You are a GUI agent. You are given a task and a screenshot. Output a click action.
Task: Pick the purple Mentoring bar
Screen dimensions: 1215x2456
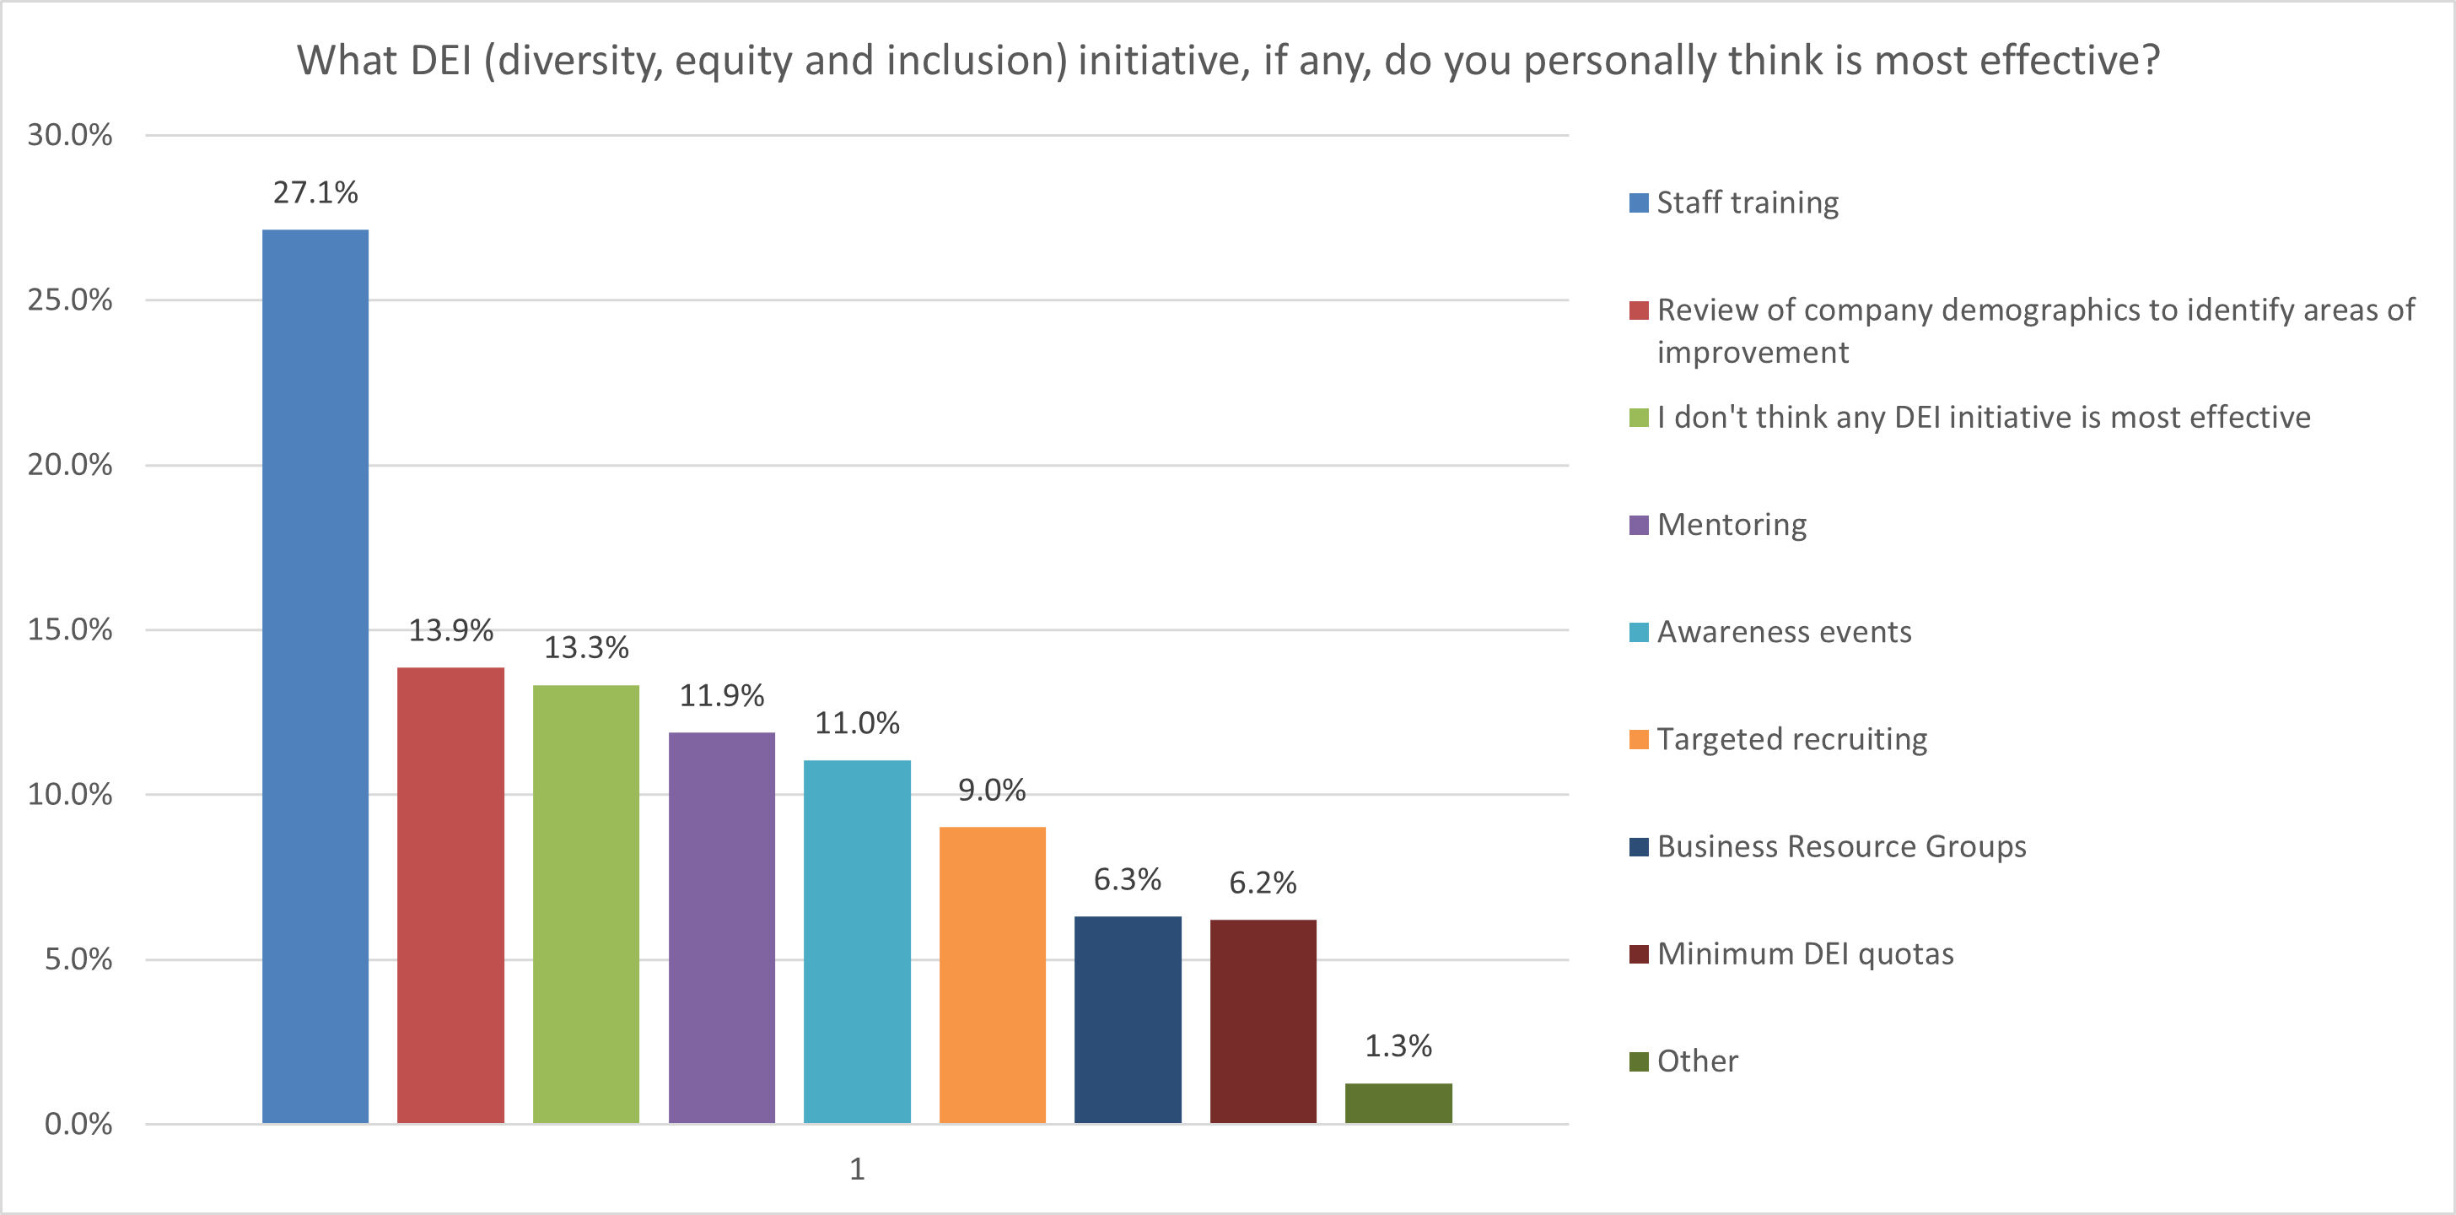click(721, 927)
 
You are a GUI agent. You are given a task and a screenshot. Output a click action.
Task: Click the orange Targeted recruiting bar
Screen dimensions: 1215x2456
click(992, 975)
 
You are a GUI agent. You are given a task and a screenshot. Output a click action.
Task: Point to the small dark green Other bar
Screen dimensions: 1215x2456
click(1398, 1104)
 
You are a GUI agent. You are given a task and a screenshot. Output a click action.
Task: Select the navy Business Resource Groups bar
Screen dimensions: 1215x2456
click(1127, 1019)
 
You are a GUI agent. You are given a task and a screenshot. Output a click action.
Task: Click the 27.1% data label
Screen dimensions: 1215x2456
click(315, 192)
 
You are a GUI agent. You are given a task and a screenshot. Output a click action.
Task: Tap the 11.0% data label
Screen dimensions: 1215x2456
click(856, 723)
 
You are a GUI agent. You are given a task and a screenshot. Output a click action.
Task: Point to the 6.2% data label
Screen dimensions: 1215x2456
click(1263, 883)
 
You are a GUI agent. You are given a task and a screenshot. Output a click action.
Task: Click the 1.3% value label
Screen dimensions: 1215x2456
click(1398, 1046)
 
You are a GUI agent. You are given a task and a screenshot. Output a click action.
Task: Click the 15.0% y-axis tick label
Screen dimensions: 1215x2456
click(70, 629)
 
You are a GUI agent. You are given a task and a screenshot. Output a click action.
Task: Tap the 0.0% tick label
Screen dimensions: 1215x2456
click(78, 1123)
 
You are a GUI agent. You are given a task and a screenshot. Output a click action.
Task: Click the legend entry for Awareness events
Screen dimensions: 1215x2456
click(1783, 631)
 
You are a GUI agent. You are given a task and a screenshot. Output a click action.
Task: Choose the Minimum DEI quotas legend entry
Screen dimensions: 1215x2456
click(1804, 953)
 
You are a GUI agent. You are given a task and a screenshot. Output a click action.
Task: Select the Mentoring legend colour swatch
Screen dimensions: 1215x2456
click(1638, 526)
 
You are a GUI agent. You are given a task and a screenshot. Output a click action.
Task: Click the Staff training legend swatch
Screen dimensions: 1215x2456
click(1638, 203)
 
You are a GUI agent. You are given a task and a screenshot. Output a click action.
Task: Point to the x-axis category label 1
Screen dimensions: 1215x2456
click(856, 1169)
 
